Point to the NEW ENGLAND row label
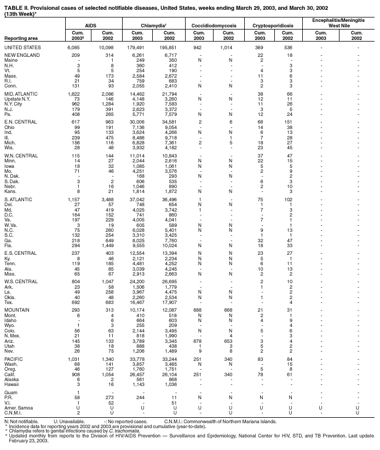pos(21,56)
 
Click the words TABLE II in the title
pos(17,5)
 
